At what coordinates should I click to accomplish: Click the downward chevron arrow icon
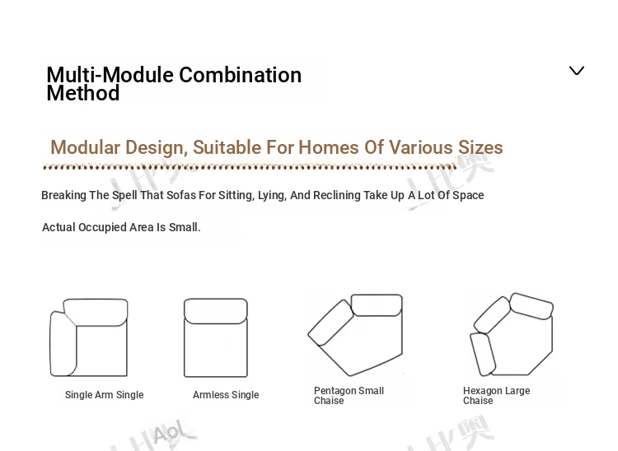point(577,71)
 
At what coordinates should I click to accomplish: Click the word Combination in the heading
point(240,75)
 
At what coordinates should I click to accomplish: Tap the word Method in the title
point(82,93)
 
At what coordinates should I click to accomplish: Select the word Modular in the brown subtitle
point(85,147)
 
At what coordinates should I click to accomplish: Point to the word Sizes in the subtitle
point(480,147)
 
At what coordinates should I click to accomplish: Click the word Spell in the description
point(124,195)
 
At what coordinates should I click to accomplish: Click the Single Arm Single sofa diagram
point(89,337)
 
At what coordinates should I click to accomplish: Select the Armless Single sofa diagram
point(216,337)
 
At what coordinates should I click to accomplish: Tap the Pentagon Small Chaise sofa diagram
point(355,334)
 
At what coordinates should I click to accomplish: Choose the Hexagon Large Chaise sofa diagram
point(511,334)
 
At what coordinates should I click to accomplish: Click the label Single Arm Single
point(104,395)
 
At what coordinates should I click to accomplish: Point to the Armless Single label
point(226,395)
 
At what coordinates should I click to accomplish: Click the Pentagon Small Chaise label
point(349,396)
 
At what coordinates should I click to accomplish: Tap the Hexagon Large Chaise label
point(496,396)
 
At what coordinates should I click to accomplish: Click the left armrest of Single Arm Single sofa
point(62,343)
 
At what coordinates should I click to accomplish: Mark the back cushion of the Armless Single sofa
point(216,311)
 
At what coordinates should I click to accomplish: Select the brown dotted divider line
point(250,167)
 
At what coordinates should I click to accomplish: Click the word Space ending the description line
point(468,195)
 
